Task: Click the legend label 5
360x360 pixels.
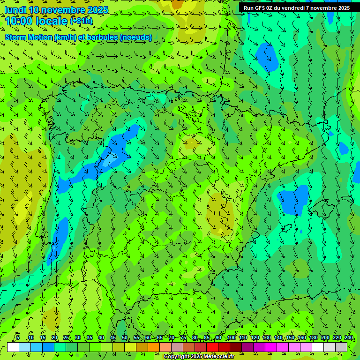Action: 17,337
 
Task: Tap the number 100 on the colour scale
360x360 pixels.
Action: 232,337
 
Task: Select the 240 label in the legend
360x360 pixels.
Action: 349,337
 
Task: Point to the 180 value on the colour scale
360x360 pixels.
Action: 313,337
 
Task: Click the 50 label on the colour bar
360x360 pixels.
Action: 125,337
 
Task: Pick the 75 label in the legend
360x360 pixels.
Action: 183,337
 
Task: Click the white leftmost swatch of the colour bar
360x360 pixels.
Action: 13,347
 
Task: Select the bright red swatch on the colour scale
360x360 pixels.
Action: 212,347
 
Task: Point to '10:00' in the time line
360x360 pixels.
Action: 19,21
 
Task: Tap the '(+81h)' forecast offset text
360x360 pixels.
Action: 81,21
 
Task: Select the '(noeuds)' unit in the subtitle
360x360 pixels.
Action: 136,37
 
